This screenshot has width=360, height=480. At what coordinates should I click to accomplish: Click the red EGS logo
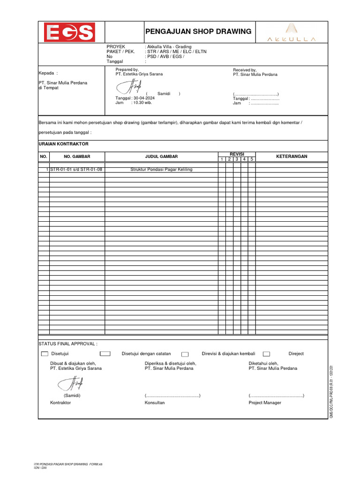69,32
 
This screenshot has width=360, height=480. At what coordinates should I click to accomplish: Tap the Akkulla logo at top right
291,32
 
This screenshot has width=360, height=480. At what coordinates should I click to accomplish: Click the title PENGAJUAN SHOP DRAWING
198,31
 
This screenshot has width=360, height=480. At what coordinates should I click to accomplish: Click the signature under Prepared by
128,87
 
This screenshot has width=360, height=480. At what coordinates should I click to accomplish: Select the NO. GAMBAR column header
77,157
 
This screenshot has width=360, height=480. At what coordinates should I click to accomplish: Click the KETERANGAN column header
292,157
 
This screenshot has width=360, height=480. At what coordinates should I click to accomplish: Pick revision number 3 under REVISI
237,159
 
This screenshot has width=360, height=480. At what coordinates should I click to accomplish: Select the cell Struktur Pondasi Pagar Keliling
161,169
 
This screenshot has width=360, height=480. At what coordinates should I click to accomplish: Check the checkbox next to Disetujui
45,354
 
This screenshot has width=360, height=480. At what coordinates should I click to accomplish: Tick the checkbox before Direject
266,354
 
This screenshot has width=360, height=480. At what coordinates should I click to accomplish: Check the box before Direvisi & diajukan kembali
185,354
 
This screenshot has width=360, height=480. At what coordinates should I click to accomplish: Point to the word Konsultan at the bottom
155,403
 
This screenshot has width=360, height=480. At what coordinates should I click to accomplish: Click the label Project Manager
265,403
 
